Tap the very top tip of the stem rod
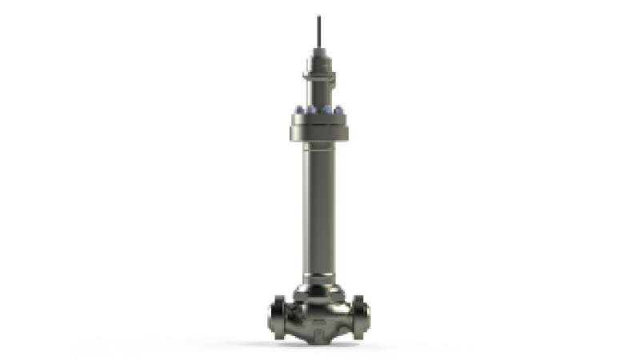pos(320,14)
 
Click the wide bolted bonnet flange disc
pos(320,124)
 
